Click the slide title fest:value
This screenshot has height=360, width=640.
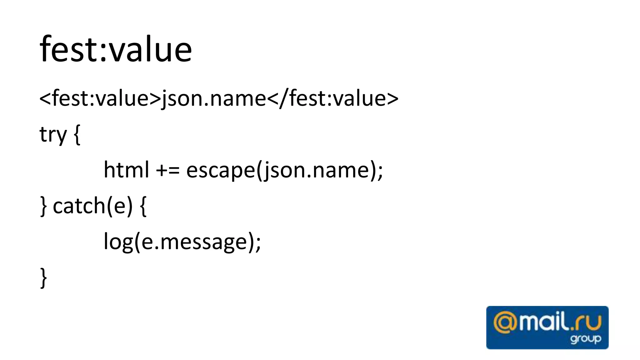pyautogui.click(x=116, y=49)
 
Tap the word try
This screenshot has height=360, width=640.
pyautogui.click(x=53, y=135)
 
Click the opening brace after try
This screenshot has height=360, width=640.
pyautogui.click(x=77, y=135)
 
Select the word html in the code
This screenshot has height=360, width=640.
pyautogui.click(x=126, y=170)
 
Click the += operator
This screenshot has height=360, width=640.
pyautogui.click(x=168, y=171)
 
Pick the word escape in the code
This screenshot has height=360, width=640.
pyautogui.click(x=221, y=171)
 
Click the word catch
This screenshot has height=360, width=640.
pyautogui.click(x=79, y=206)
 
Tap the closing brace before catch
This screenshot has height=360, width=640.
pyautogui.click(x=44, y=206)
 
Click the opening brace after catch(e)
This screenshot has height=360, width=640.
pyautogui.click(x=143, y=206)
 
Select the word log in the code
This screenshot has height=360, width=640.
pyautogui.click(x=118, y=242)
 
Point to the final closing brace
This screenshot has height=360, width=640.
pyautogui.click(x=44, y=277)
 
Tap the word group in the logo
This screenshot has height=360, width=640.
pyautogui.click(x=586, y=339)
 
